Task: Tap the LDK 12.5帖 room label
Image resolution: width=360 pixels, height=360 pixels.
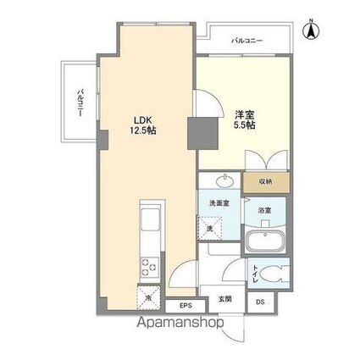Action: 142,125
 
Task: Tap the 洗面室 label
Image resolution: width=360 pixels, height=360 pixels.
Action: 221,204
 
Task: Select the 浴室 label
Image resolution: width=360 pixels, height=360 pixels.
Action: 265,210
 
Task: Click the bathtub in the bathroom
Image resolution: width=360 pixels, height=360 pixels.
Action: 265,241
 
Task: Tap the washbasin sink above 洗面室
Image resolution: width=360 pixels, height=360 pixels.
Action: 224,181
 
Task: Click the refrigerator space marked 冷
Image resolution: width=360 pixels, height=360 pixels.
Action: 150,298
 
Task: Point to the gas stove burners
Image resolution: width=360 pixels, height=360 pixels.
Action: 149,268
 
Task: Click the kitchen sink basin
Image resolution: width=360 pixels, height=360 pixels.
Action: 150,224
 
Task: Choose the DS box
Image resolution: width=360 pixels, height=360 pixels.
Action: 260,300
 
